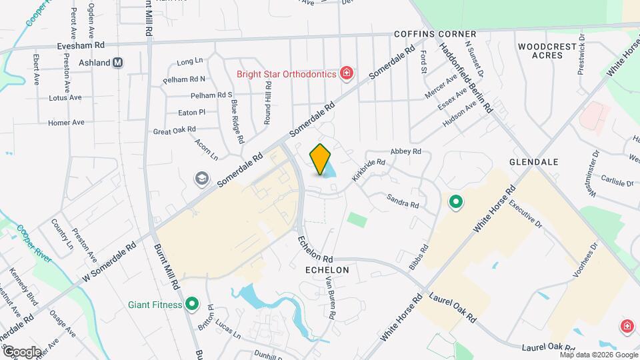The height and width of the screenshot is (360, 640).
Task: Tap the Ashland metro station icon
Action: [x=119, y=63]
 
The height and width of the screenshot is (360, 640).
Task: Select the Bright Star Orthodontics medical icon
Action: [x=346, y=73]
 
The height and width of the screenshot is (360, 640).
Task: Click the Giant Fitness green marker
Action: [x=193, y=305]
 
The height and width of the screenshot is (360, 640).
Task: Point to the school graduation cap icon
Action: [x=200, y=179]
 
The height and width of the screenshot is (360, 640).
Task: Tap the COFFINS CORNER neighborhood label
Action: [x=435, y=34]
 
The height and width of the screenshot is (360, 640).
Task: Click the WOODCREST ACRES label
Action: [x=545, y=51]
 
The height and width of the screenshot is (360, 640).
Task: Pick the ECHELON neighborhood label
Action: [x=327, y=270]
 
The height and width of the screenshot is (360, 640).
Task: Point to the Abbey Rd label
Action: [x=406, y=152]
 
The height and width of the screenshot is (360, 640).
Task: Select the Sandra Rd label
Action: [x=403, y=201]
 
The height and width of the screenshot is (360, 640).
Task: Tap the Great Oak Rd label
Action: [x=174, y=131]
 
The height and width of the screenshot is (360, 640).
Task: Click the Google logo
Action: [x=21, y=351]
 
